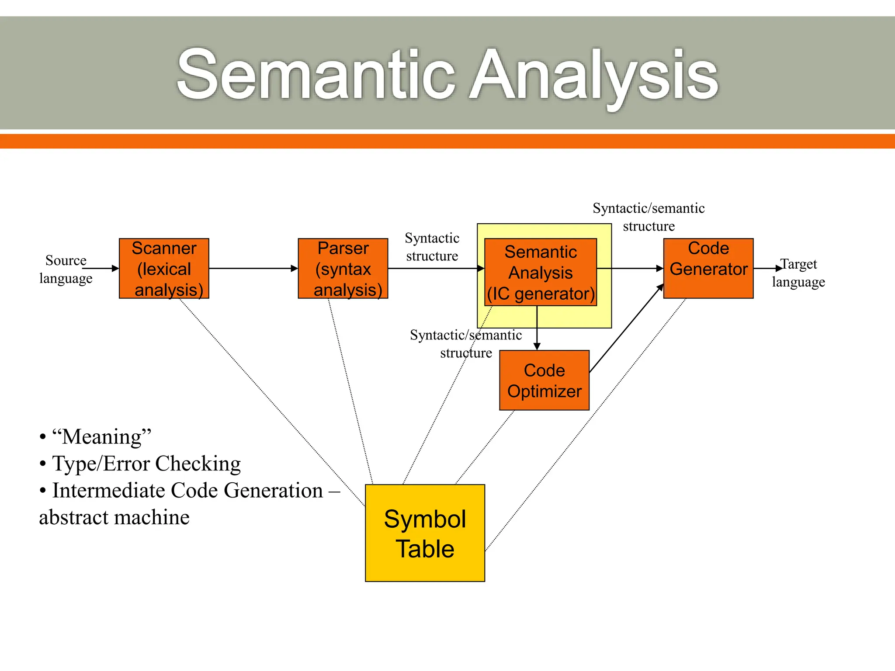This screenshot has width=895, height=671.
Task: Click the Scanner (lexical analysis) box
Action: click(x=164, y=268)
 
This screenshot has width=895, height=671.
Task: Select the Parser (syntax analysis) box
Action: click(x=343, y=268)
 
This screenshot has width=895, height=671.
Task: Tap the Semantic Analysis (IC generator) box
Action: click(x=541, y=272)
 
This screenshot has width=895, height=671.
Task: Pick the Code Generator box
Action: click(x=708, y=268)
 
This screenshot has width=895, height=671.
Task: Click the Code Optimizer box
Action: click(x=544, y=380)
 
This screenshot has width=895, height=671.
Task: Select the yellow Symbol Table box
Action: click(x=425, y=533)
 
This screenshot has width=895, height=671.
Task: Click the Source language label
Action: click(x=66, y=269)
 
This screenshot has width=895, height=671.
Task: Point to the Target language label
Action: click(x=798, y=273)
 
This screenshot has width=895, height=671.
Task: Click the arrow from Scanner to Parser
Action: click(x=253, y=268)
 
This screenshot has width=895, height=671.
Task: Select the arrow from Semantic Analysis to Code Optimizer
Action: click(x=537, y=328)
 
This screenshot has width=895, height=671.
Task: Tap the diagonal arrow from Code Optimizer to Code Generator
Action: click(x=626, y=329)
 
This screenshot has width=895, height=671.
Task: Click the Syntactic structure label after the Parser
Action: click(x=432, y=247)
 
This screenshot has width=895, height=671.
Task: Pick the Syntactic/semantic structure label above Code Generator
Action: click(x=649, y=217)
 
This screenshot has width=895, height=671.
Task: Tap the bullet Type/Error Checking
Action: click(x=146, y=463)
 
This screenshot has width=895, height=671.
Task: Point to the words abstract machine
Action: click(x=114, y=518)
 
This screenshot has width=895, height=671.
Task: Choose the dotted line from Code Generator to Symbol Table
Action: click(x=586, y=424)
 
